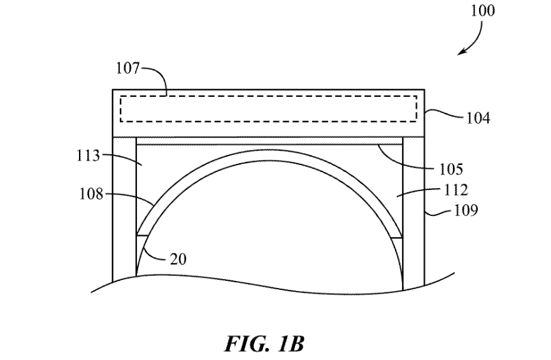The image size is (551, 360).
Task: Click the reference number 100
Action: click(483, 11)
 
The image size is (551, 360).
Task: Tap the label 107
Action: click(127, 68)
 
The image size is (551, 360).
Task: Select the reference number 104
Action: click(478, 118)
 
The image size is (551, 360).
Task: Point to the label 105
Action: click(450, 169)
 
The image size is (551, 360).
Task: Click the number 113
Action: click(89, 155)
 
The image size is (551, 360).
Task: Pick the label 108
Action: click(91, 194)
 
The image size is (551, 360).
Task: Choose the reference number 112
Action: click(455, 190)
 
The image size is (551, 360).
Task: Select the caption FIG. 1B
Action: click(264, 345)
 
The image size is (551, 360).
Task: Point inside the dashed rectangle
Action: click(268, 108)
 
